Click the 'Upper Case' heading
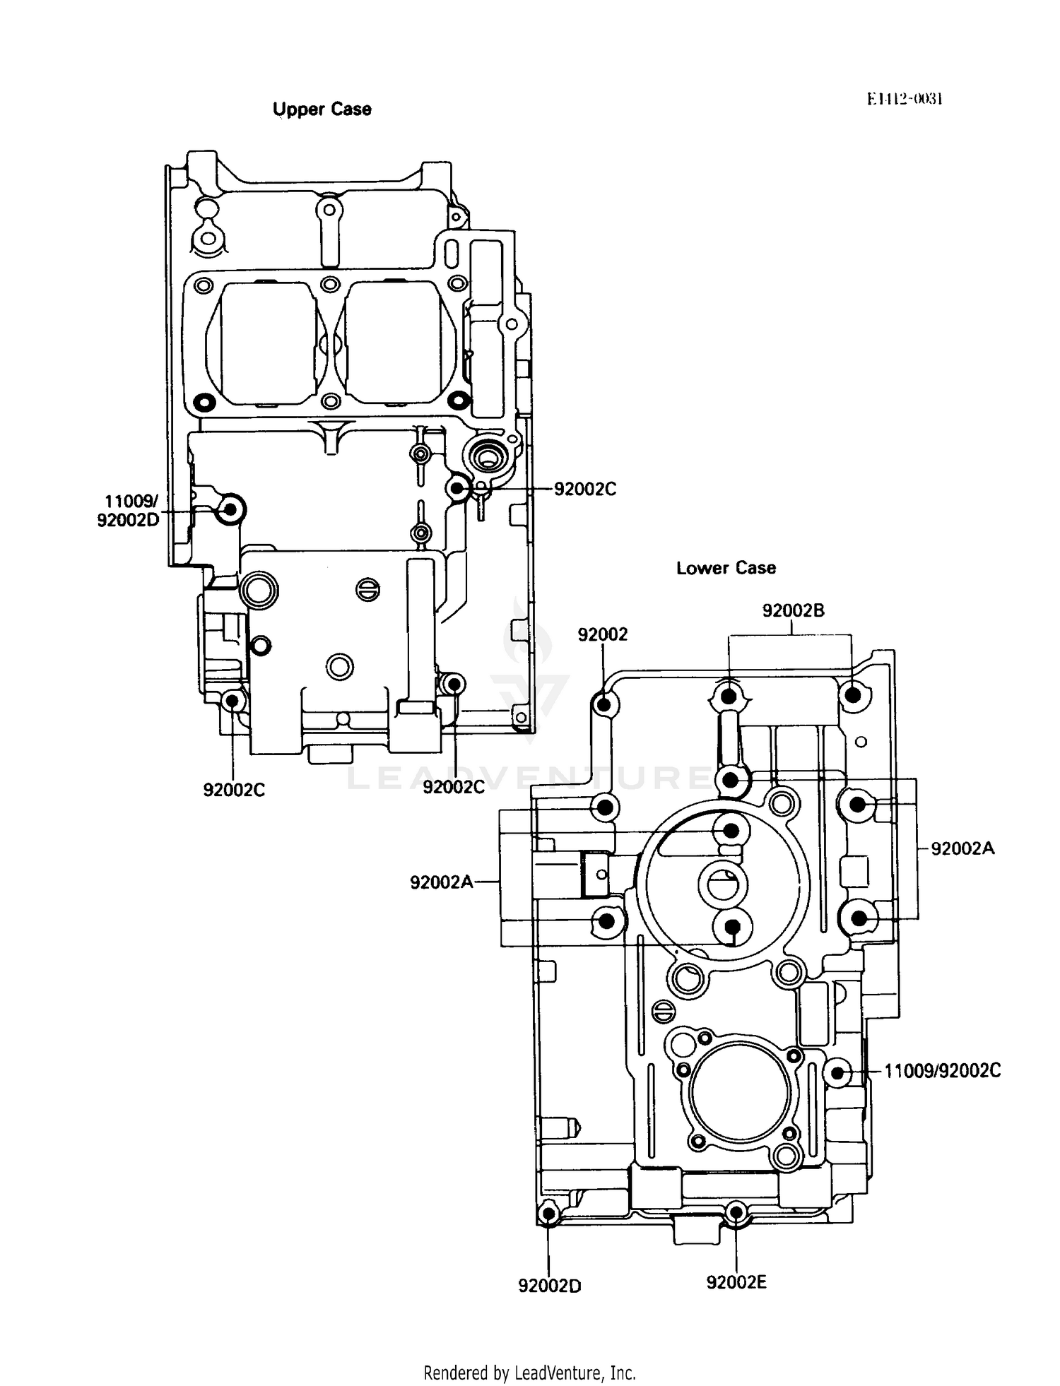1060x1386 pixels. [x=322, y=109]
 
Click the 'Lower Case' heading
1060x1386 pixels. [x=726, y=568]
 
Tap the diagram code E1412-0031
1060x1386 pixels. [x=905, y=98]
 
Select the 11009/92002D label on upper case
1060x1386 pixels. [x=129, y=511]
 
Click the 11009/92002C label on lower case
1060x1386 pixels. [x=943, y=1071]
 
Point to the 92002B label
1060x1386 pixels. [x=793, y=610]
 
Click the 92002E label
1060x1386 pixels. [x=736, y=1282]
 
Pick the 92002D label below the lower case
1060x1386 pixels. [x=550, y=1286]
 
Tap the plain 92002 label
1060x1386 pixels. [x=602, y=634]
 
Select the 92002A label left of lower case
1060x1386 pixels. [x=442, y=882]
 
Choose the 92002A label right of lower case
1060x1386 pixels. [x=962, y=848]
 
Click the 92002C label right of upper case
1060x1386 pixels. [x=585, y=489]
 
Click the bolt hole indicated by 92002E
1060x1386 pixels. [x=736, y=1213]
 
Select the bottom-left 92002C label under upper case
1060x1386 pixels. [x=234, y=790]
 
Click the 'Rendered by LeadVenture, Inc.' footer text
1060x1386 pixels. [x=529, y=1373]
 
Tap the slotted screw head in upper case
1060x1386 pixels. [x=367, y=590]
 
